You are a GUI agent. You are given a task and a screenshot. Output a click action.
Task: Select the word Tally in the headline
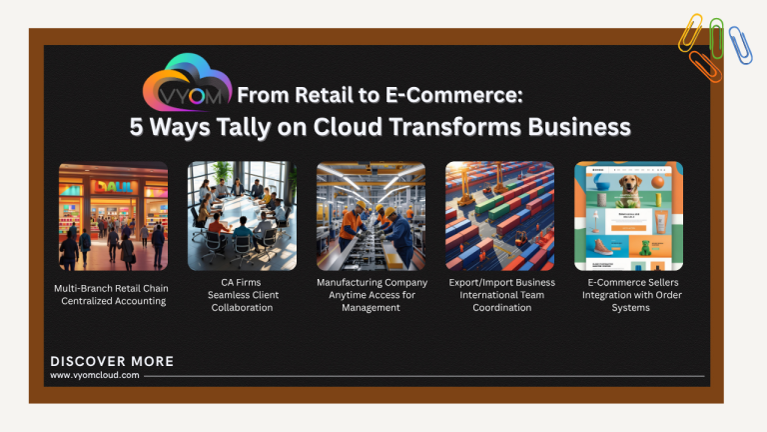pos(250,127)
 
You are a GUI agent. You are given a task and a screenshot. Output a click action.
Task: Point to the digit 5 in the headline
pos(139,127)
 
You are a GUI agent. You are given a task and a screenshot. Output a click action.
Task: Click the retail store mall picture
pos(113,216)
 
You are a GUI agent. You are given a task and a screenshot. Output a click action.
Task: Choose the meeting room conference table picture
pos(242,216)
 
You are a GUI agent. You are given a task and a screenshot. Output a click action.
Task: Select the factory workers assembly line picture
pos(371,216)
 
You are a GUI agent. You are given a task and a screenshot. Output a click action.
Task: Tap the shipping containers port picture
pos(499,216)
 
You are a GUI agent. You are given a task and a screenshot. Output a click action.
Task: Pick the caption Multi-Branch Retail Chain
pos(111,288)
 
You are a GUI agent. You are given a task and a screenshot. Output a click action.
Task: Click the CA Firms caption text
pos(242,283)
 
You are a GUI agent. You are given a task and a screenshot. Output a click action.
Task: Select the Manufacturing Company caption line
pos(372,283)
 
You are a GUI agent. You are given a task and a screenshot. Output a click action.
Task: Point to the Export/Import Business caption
pos(501,283)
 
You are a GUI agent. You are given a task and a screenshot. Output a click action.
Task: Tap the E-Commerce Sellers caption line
pos(630,283)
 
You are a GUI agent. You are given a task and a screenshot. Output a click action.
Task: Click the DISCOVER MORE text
pos(112,361)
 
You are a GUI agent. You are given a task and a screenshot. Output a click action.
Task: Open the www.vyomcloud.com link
pos(95,376)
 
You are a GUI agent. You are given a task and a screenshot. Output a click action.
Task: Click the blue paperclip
pos(740,45)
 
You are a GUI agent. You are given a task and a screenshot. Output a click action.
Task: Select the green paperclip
pos(716,38)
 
